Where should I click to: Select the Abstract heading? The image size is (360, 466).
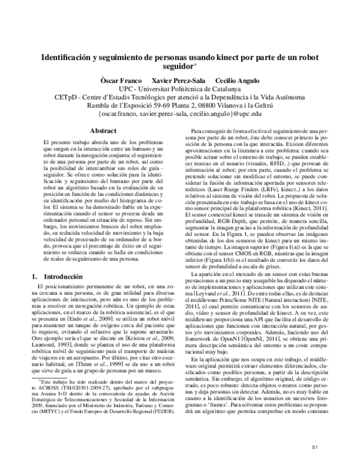pyautogui.click(x=102, y=130)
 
